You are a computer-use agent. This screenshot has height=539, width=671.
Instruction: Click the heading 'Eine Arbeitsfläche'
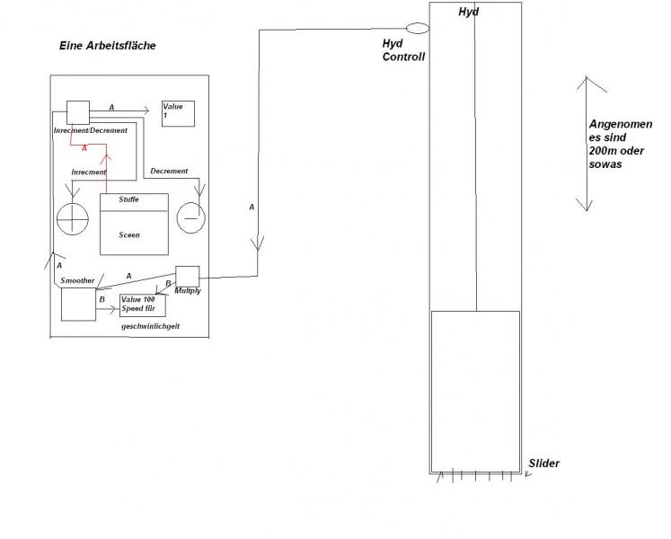(x=108, y=46)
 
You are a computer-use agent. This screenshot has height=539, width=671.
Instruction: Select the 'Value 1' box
(x=178, y=113)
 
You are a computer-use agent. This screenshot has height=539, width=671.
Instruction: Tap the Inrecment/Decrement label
(x=91, y=130)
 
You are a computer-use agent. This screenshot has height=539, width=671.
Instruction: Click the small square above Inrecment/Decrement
(x=78, y=112)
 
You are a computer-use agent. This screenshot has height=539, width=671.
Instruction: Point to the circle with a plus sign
(x=73, y=219)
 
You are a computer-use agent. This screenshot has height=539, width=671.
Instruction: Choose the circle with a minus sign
(x=191, y=217)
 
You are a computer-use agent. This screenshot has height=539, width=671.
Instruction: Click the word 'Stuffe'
(x=128, y=199)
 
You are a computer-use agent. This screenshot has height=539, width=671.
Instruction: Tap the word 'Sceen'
(x=129, y=235)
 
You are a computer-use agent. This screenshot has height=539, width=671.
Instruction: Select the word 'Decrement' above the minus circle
(x=169, y=171)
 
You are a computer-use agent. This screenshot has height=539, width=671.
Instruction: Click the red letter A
(x=84, y=148)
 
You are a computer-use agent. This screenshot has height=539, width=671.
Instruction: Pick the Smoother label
(x=77, y=280)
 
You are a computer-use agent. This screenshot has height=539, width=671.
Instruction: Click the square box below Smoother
(x=78, y=304)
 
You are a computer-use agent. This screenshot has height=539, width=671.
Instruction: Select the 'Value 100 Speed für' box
(x=143, y=305)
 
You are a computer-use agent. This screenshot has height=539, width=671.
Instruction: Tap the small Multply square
(x=188, y=277)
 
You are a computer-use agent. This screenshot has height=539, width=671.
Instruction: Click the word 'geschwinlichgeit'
(x=150, y=326)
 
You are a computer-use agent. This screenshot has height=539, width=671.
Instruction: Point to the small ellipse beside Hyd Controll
(x=417, y=28)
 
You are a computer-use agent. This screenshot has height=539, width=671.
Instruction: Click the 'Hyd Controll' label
(x=403, y=50)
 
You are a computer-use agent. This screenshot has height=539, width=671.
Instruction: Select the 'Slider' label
(x=544, y=464)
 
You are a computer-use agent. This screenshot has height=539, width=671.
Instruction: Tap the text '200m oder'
(x=616, y=151)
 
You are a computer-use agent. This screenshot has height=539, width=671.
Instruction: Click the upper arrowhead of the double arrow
(x=587, y=77)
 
